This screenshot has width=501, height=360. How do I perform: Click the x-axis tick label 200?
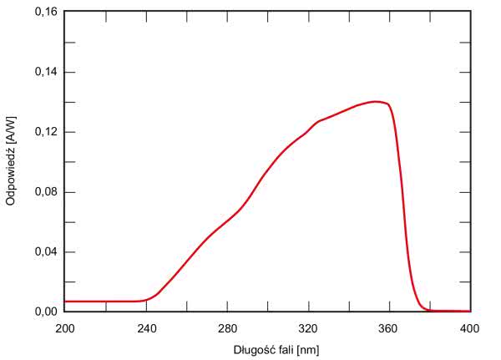(x=64, y=327)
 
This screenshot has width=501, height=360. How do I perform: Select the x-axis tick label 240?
(x=146, y=327)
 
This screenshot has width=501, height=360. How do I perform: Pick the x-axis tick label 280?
(x=227, y=327)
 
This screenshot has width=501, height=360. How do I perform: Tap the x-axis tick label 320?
(x=308, y=327)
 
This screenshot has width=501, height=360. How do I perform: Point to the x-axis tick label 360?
(x=389, y=327)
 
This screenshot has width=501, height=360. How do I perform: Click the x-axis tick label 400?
(x=469, y=327)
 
